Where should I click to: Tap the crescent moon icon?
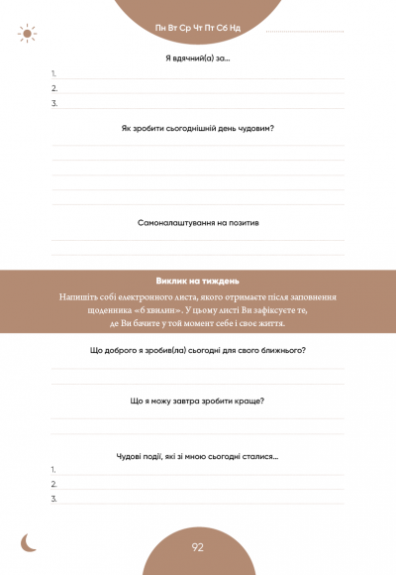tap(31, 541)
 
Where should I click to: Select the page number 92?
tap(198, 547)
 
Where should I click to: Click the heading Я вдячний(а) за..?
tap(198, 58)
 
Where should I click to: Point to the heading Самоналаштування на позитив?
tap(198, 223)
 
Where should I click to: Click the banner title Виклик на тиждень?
tap(198, 280)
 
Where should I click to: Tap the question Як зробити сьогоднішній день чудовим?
tap(198, 129)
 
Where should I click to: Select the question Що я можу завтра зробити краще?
tap(198, 401)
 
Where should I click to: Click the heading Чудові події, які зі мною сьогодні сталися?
tap(198, 455)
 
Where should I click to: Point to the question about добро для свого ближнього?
tap(198, 350)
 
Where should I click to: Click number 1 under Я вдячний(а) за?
tap(53, 74)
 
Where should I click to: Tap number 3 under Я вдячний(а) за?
tap(53, 103)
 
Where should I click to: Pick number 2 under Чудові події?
tap(53, 484)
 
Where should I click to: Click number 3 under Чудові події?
tap(53, 499)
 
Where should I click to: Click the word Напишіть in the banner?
tap(78, 296)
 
